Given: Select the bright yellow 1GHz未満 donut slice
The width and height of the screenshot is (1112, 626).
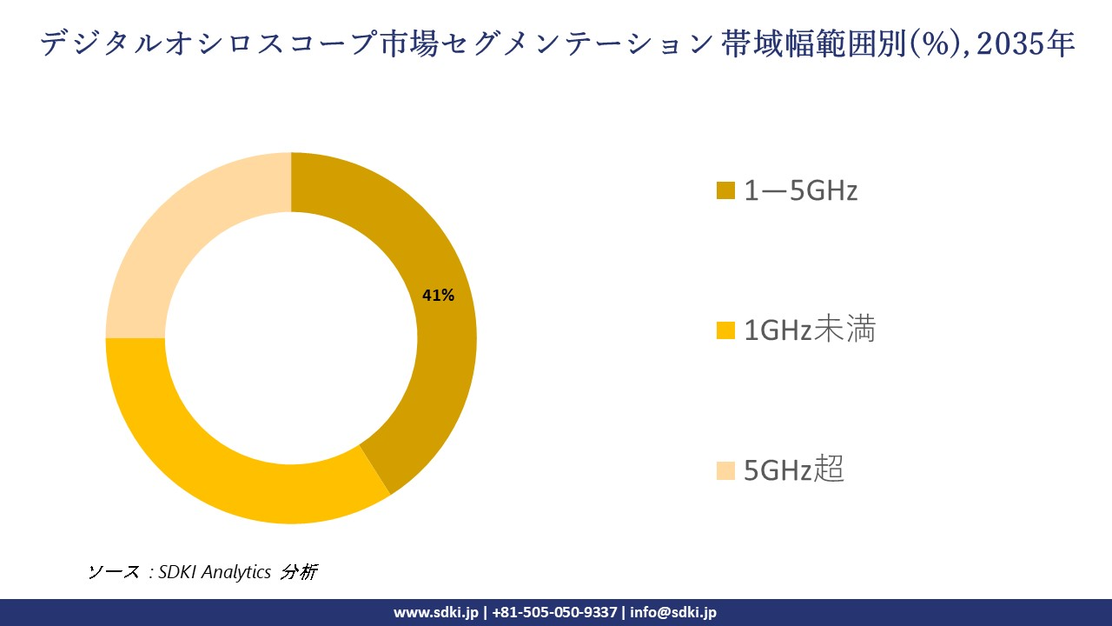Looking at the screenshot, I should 217,469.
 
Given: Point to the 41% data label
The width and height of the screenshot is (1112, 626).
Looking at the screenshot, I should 438,296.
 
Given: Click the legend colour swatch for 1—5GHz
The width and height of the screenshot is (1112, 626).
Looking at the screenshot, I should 725,190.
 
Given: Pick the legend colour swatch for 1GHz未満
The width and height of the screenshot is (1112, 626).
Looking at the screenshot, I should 725,330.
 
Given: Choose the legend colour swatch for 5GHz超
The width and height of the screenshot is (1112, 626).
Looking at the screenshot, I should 725,470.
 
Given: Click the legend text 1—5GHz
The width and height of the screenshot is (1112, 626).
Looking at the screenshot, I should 800,190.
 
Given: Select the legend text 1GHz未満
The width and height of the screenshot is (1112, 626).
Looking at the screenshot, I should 810,330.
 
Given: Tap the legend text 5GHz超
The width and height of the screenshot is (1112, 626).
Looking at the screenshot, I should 794,470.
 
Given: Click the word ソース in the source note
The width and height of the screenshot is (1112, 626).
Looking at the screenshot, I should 114,572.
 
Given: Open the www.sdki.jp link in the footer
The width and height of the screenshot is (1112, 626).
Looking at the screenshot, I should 436,612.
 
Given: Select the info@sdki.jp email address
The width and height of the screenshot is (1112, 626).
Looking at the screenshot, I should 673,612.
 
